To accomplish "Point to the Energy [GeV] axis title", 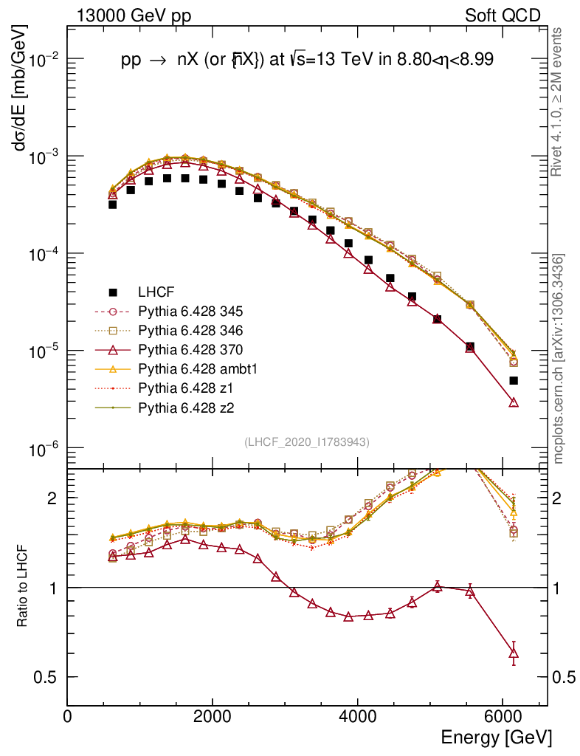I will point(495,738).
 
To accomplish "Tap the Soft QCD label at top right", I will point(503,16).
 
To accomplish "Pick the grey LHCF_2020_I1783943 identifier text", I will point(306,441).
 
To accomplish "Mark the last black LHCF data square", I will point(514,381).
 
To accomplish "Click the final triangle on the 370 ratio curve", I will point(514,653).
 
